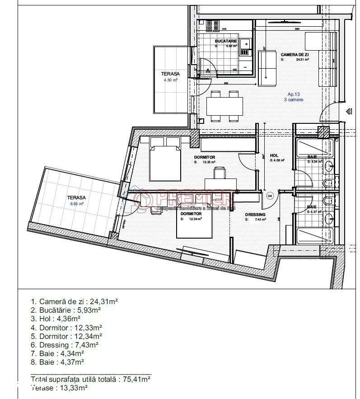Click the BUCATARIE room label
[226, 41]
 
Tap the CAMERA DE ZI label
[295, 54]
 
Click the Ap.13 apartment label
[294, 94]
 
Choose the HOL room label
[274, 155]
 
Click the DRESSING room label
[255, 215]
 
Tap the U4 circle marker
[270, 196]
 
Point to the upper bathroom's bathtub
[314, 148]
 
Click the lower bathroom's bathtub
[314, 236]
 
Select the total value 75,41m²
[137, 379]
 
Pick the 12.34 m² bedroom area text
[194, 219]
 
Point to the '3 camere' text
[294, 100]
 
